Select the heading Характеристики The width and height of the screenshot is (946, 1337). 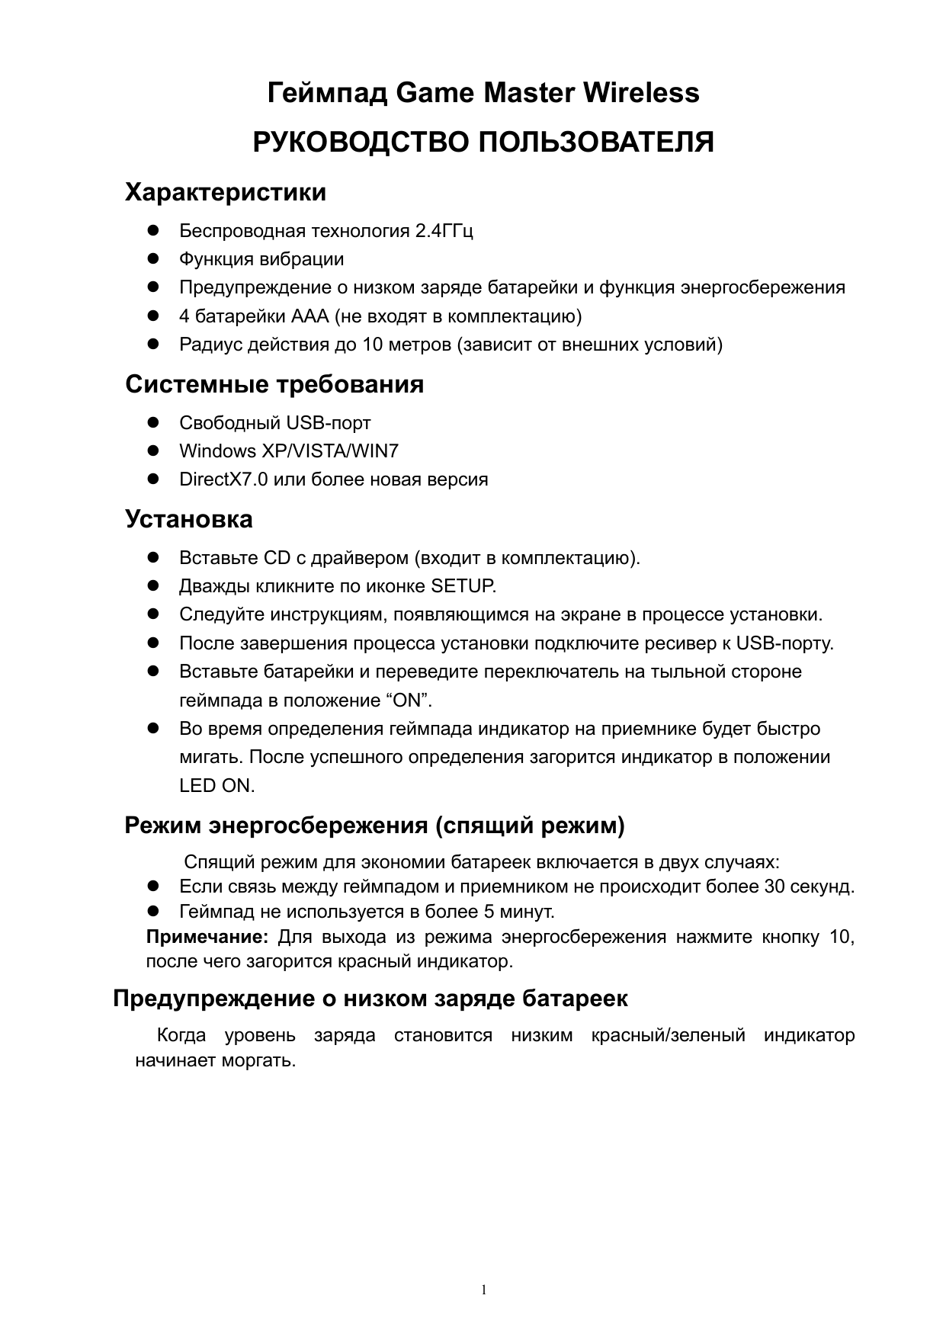(x=226, y=192)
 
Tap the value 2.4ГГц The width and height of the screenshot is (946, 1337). (x=444, y=230)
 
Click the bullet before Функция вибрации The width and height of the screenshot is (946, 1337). (x=152, y=259)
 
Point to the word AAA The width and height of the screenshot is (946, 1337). (x=308, y=316)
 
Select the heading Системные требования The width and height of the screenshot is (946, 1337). (x=274, y=384)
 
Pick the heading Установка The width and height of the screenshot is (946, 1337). (x=189, y=520)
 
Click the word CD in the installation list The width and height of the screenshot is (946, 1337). (x=272, y=558)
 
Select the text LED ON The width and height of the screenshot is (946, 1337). (x=216, y=786)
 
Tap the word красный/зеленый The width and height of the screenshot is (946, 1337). (x=668, y=1035)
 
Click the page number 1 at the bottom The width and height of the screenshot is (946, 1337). (x=484, y=1290)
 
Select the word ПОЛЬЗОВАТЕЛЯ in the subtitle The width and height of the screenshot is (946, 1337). (x=595, y=143)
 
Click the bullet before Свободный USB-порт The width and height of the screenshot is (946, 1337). (x=152, y=422)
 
